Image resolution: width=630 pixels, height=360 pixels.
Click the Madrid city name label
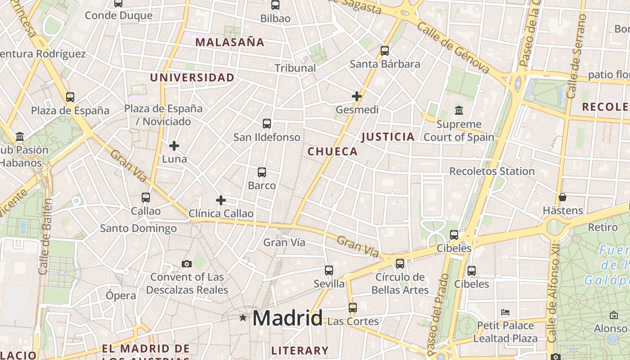pos(287,318)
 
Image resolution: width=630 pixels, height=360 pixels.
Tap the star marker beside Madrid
pos(243,318)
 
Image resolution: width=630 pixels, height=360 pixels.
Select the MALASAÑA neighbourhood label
pos(230,42)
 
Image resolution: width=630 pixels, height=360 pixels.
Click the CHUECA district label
pos(333,152)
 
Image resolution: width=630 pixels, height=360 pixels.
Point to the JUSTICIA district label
pos(387,137)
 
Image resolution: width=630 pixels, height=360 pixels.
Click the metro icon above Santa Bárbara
pos(385,51)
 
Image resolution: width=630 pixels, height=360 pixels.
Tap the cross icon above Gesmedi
pos(357,96)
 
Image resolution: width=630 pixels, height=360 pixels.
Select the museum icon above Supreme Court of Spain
pos(459,110)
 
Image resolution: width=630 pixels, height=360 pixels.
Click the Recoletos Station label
pos(492,171)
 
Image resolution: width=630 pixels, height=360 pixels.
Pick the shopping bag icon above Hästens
pos(562,197)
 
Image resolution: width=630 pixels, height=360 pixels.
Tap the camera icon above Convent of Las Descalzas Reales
pos(186,264)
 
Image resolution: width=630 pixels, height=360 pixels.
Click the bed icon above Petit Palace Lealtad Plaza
pos(505,312)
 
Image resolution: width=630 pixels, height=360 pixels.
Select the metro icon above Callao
pos(146,197)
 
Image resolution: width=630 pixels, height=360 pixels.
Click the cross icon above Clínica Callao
pos(221,200)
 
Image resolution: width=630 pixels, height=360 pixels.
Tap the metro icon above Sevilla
pos(329,270)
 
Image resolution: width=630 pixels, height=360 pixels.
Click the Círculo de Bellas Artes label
pos(400,283)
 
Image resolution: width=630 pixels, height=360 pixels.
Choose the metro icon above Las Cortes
pos(353,308)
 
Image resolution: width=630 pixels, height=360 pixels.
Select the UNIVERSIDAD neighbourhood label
pos(192,78)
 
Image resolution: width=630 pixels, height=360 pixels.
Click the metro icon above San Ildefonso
pos(267,124)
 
